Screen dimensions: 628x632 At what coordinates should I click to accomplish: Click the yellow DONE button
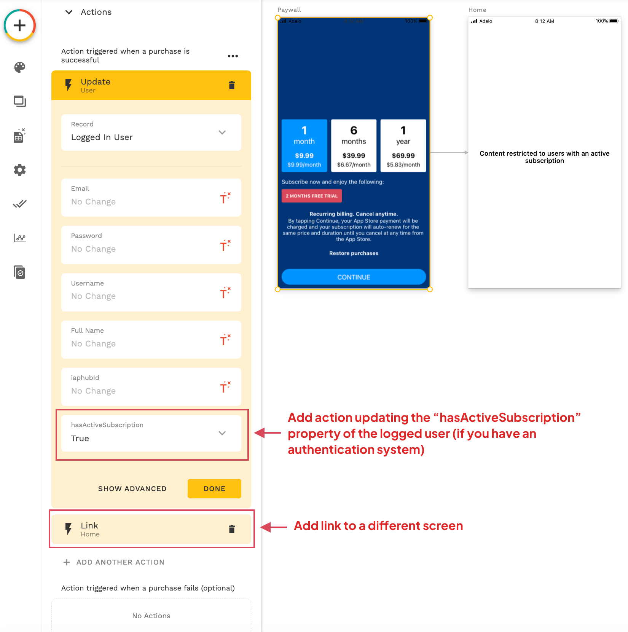tap(214, 488)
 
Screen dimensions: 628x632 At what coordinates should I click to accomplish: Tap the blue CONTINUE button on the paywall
tap(354, 277)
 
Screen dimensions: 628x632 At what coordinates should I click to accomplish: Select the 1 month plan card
tap(304, 145)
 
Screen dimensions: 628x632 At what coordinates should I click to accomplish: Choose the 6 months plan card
tap(354, 145)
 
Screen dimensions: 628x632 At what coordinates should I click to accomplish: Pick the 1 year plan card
tap(403, 145)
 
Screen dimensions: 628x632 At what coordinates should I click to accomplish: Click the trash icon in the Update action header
tap(232, 85)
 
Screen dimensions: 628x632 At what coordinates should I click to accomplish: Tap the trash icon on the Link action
tap(232, 529)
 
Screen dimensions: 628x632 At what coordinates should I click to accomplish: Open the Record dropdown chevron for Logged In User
tap(222, 132)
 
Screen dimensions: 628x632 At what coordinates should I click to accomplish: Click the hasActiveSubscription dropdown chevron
tap(222, 433)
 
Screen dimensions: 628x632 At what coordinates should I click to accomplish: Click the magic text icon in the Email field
tap(225, 198)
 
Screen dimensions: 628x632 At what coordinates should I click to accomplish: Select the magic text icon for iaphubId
tap(225, 387)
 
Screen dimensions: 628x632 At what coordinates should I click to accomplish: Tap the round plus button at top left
tap(20, 26)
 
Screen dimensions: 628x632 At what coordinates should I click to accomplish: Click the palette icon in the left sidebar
tap(20, 67)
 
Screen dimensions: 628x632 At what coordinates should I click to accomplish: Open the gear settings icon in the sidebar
tap(20, 170)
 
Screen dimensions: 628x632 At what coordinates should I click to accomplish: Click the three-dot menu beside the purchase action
tap(233, 56)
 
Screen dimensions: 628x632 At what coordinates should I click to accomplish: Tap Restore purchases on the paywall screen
tap(354, 253)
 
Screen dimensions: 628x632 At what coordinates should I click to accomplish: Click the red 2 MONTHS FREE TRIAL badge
tap(312, 196)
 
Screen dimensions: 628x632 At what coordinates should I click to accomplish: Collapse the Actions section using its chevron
tap(69, 12)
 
